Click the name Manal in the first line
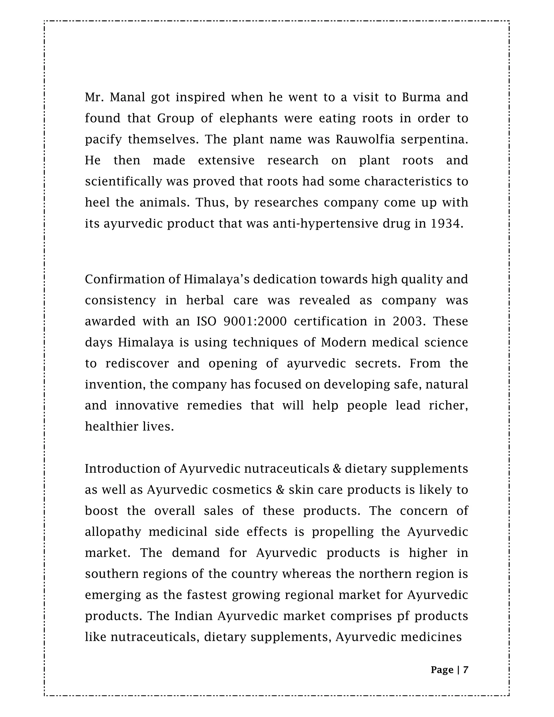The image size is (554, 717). pos(127,97)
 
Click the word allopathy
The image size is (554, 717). pos(113,532)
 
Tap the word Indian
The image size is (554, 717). pos(194,616)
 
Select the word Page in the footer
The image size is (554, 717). pos(442,670)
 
